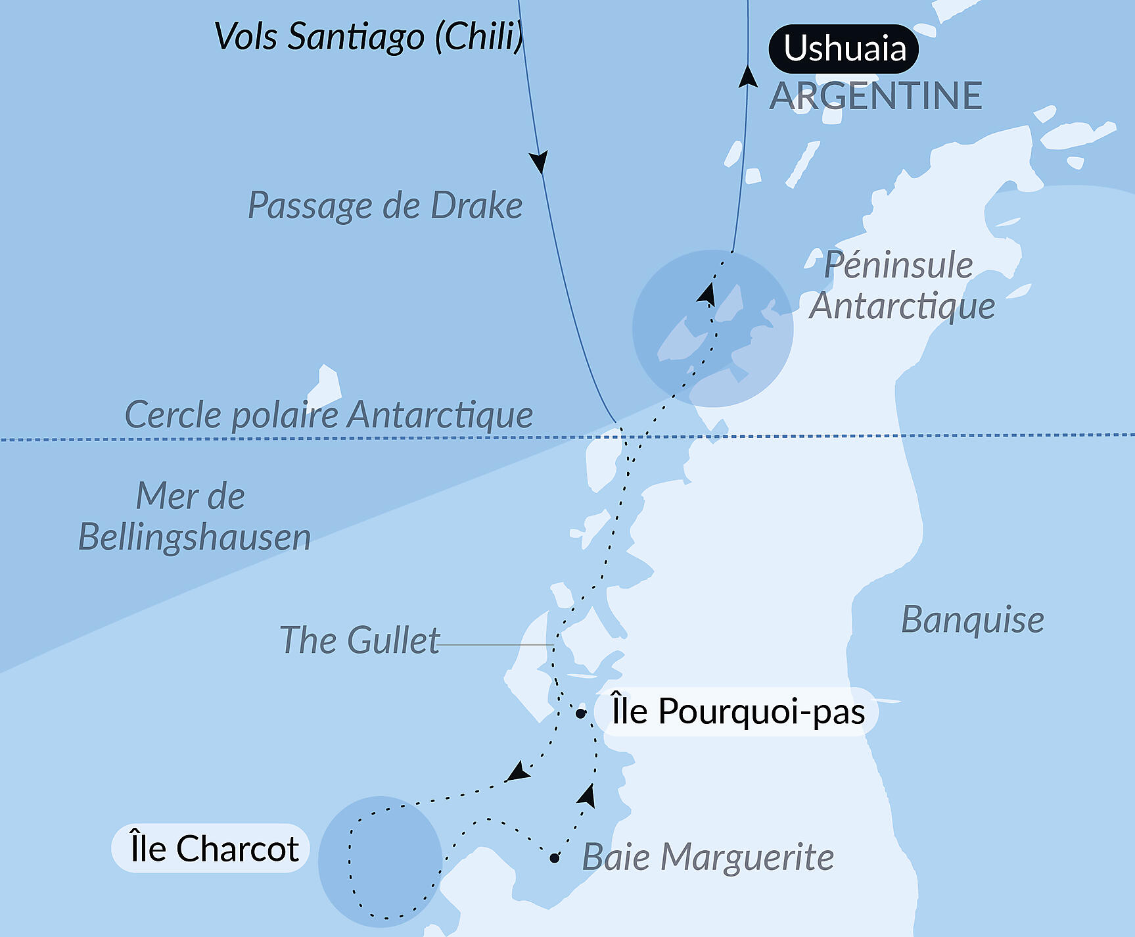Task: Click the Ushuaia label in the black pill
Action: coord(844,49)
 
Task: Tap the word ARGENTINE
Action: coord(875,96)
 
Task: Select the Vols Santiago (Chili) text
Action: coord(369,36)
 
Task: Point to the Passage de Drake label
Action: coord(385,206)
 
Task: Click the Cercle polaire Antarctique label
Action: coord(329,415)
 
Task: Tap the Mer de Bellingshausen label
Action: coord(194,517)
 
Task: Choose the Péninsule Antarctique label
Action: coord(902,285)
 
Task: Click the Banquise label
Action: coord(972,619)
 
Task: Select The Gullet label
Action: coord(359,640)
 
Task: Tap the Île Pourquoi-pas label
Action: coord(737,711)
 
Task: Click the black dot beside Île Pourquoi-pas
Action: coord(580,713)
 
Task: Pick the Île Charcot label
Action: coord(214,848)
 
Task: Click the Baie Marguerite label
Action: coord(708,857)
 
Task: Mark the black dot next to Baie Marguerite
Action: coord(555,857)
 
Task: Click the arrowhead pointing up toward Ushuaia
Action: coord(748,76)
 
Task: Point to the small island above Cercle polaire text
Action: coord(325,385)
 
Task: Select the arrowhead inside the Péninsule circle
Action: coord(707,293)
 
